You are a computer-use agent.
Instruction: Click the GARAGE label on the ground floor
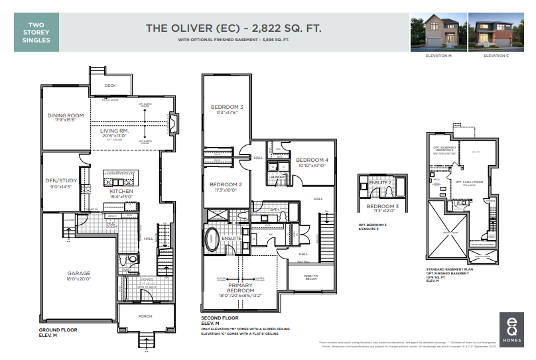78,273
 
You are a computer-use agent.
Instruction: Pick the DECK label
110,86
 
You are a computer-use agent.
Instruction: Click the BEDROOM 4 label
312,160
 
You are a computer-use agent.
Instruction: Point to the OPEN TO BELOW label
311,277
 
